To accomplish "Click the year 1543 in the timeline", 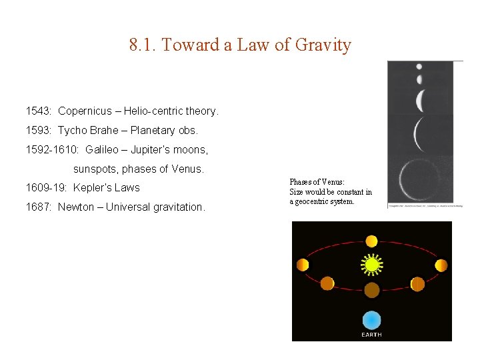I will point(37,111).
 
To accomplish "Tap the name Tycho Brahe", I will point(87,130).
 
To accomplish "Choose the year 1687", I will point(37,207).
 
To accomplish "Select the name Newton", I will point(76,207).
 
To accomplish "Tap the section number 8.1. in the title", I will point(143,45).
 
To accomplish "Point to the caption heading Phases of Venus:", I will point(317,182).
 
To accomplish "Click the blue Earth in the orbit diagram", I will point(371,320).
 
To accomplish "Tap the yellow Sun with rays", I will point(371,265).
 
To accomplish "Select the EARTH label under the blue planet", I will point(371,335).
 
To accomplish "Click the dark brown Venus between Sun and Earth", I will point(371,290).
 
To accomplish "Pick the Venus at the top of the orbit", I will point(371,241).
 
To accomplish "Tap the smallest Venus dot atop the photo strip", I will point(419,67).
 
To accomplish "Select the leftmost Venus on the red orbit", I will point(303,265).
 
